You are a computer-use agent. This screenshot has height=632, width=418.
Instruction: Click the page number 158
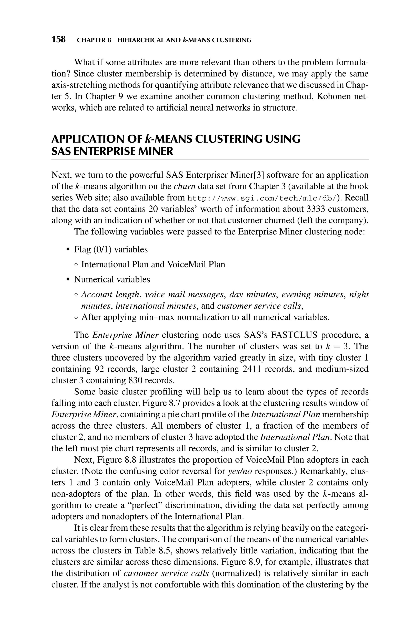pyautogui.click(x=58, y=39)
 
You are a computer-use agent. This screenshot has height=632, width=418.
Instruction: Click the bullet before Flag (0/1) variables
pyautogui.click(x=68, y=250)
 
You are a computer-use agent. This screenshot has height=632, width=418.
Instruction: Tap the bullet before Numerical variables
pyautogui.click(x=68, y=279)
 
